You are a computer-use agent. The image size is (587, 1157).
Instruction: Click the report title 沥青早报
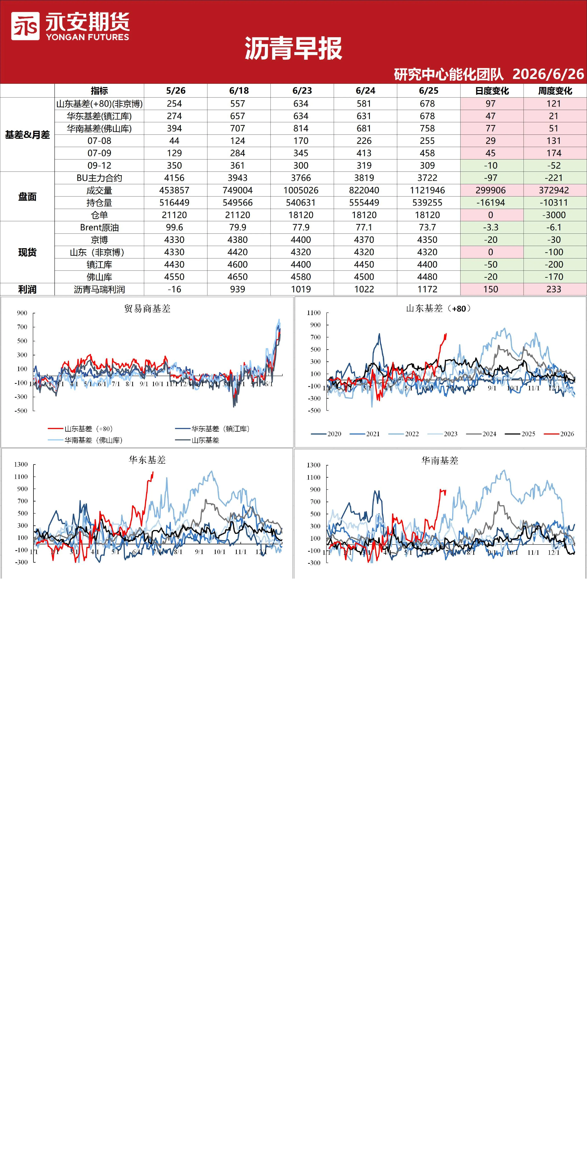click(x=293, y=49)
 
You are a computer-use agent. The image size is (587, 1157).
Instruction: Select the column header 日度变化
click(x=492, y=91)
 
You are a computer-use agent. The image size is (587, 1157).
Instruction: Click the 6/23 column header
click(x=302, y=91)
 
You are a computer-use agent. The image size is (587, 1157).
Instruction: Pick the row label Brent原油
click(x=99, y=227)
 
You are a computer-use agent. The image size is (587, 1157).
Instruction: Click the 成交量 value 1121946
click(x=427, y=190)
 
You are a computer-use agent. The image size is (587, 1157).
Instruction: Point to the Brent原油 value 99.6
click(x=174, y=227)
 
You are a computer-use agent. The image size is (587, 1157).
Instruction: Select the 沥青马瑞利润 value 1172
click(x=427, y=289)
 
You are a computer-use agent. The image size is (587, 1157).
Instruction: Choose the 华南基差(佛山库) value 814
click(x=301, y=128)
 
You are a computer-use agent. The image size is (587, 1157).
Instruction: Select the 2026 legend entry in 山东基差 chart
click(x=559, y=434)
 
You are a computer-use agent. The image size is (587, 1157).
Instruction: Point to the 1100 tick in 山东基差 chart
click(x=314, y=313)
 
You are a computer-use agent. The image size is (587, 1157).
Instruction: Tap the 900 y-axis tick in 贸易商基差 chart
click(x=22, y=313)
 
